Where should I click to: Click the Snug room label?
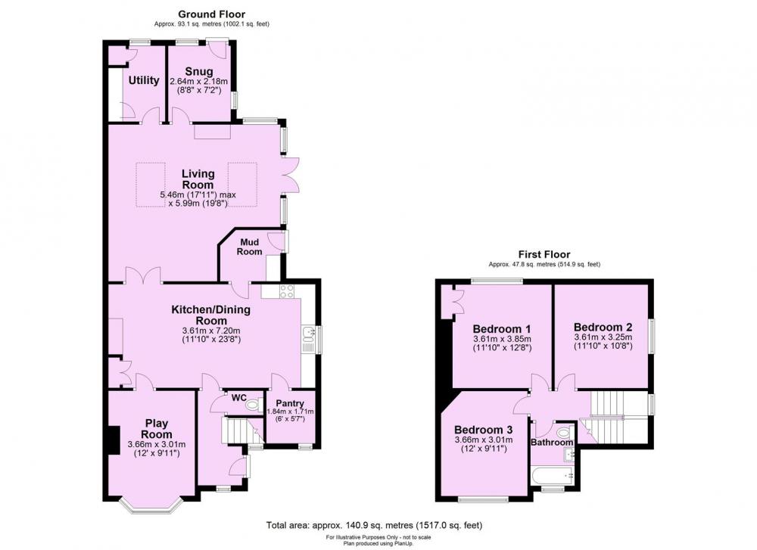tap(198, 72)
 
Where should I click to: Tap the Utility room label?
tap(143, 81)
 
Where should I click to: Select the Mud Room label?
tap(251, 247)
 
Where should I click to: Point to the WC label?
tap(238, 397)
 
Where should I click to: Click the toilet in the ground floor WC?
tap(253, 406)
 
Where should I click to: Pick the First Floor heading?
tap(544, 255)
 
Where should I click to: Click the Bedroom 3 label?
tap(483, 429)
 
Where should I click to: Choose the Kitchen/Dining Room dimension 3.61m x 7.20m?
tap(210, 331)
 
